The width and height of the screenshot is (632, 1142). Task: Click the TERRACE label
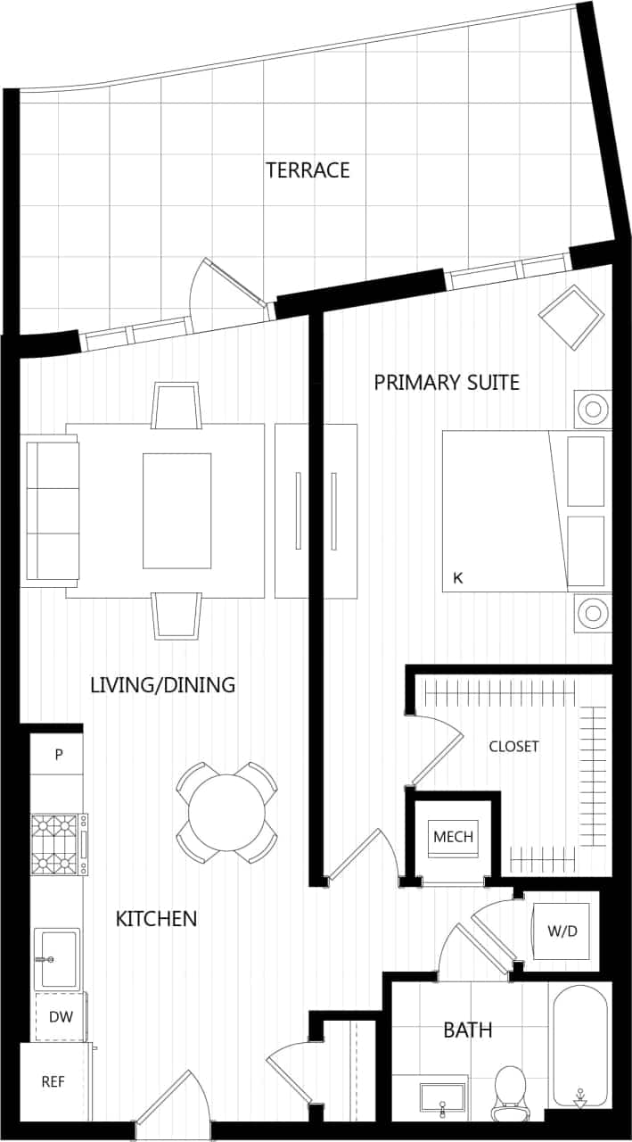pyautogui.click(x=308, y=170)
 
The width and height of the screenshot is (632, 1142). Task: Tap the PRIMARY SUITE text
pyautogui.click(x=446, y=383)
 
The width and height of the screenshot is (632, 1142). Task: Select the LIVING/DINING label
pyautogui.click(x=163, y=685)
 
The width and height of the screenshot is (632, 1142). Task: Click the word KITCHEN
pyautogui.click(x=156, y=918)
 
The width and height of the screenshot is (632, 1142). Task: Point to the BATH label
pyautogui.click(x=468, y=1030)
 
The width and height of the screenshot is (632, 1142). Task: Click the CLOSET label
pyautogui.click(x=513, y=747)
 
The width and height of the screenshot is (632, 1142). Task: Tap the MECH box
pyautogui.click(x=453, y=838)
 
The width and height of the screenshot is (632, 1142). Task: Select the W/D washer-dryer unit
pyautogui.click(x=562, y=931)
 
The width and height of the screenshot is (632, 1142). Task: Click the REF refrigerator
pyautogui.click(x=53, y=1082)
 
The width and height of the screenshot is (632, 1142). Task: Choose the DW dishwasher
pyautogui.click(x=61, y=1016)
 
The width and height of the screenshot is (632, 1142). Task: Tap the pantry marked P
pyautogui.click(x=58, y=755)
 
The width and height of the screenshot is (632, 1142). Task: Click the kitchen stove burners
pyautogui.click(x=55, y=844)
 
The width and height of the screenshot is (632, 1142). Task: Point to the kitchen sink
pyautogui.click(x=58, y=959)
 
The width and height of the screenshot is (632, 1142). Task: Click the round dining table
pyautogui.click(x=226, y=813)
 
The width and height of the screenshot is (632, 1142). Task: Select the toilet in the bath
pyautogui.click(x=512, y=1091)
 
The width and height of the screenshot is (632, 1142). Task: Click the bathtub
pyautogui.click(x=579, y=1044)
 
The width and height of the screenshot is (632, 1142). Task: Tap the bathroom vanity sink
pyautogui.click(x=443, y=1096)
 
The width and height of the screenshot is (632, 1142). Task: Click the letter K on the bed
pyautogui.click(x=458, y=578)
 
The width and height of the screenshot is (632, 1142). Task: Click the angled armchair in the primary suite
pyautogui.click(x=571, y=318)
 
